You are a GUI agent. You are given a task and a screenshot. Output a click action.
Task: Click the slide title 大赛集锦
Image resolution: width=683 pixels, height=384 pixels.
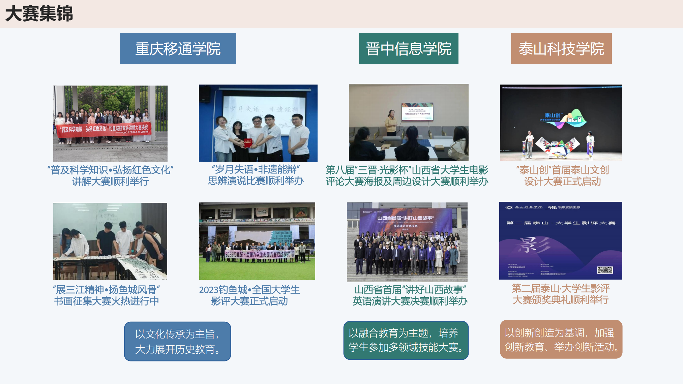(x=39, y=14)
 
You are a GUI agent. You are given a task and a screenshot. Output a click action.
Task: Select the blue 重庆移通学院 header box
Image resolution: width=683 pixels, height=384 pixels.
(x=178, y=49)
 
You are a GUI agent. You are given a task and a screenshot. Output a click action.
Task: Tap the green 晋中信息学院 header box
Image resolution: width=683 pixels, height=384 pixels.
(x=409, y=49)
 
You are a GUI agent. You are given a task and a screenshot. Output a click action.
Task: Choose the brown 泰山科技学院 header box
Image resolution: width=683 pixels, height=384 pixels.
(x=561, y=49)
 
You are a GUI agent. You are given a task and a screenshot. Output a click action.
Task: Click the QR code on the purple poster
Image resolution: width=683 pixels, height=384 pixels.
(x=605, y=270)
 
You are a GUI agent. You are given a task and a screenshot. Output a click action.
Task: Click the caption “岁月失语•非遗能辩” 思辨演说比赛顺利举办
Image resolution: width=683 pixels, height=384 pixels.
(x=256, y=175)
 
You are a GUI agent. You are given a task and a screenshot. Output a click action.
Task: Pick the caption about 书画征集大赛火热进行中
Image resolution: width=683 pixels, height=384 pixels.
(x=106, y=295)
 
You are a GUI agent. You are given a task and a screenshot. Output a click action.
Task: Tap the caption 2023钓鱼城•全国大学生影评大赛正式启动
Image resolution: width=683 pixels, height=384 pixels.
(x=249, y=295)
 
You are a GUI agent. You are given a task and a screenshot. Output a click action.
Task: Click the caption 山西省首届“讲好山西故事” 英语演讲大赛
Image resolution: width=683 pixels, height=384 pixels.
(x=410, y=295)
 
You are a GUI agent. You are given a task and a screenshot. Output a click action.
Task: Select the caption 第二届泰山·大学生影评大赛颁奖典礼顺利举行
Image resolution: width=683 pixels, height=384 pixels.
(x=561, y=294)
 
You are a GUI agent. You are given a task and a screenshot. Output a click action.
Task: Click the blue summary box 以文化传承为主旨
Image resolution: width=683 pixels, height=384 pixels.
(x=178, y=342)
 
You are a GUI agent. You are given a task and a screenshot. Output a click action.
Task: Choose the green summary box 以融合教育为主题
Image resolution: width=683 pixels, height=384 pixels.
(x=406, y=340)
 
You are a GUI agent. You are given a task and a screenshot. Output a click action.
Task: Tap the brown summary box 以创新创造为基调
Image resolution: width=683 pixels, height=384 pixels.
(x=561, y=340)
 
